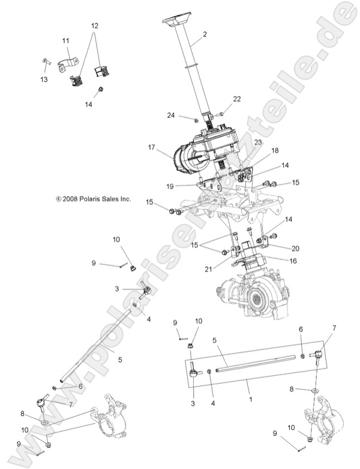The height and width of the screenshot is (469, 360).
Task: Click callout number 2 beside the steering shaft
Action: coord(205,34)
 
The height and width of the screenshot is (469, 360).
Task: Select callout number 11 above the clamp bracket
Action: coord(65,41)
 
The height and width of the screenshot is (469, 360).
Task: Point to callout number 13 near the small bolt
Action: coord(43,79)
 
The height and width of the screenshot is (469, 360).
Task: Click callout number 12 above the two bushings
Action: coord(94,26)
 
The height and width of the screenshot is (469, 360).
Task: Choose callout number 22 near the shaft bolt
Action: coord(236,98)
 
